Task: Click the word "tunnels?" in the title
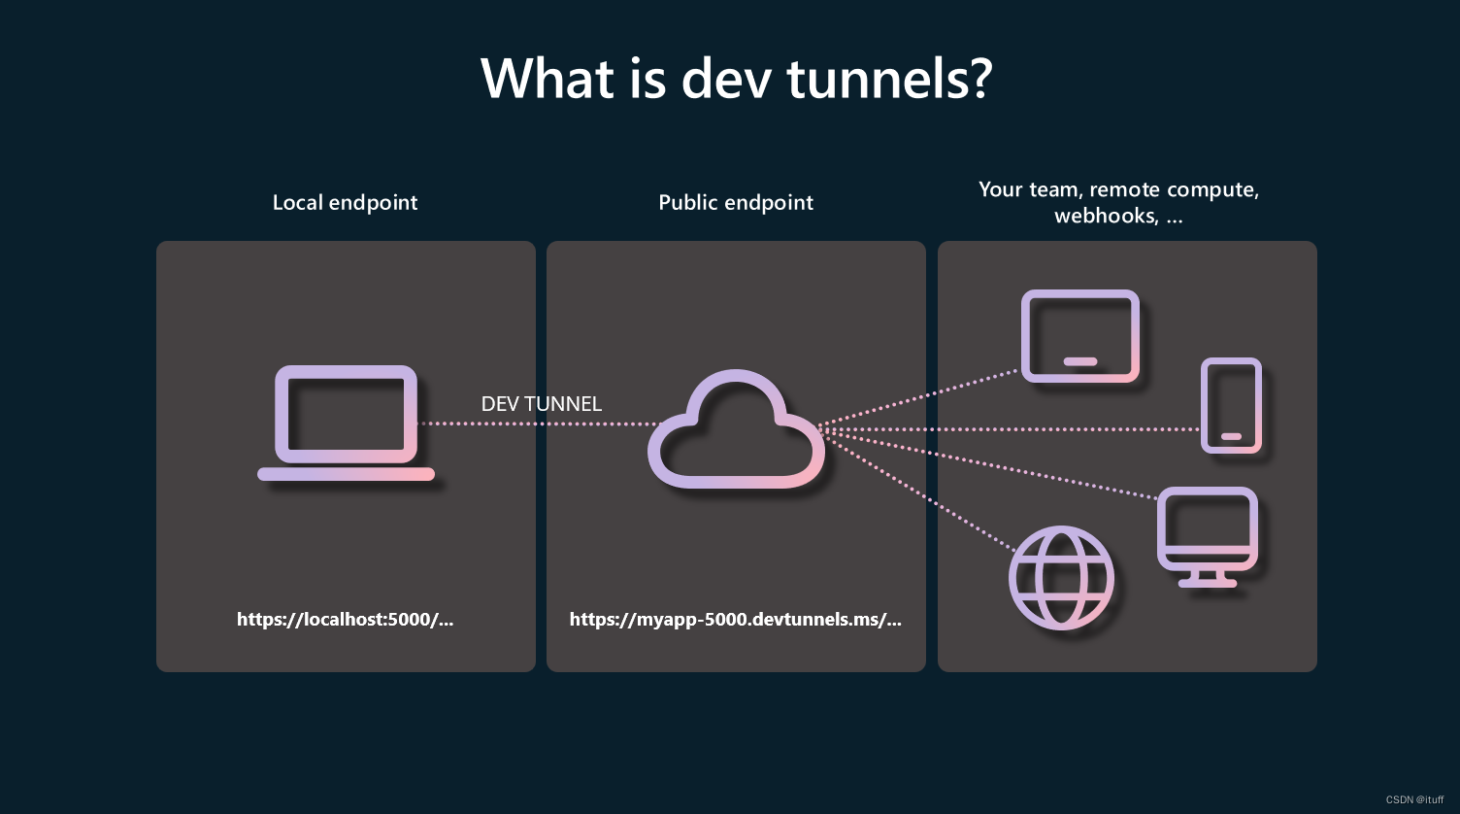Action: point(889,78)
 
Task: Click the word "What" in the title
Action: point(546,78)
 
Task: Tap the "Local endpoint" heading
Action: point(345,203)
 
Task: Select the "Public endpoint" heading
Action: point(736,203)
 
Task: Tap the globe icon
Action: point(1061,578)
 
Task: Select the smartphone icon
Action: point(1231,405)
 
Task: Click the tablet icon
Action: point(1079,335)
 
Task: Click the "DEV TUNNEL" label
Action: point(541,404)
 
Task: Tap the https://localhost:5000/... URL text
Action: point(345,620)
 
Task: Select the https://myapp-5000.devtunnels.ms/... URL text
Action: point(735,620)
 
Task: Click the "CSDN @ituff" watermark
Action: point(1414,799)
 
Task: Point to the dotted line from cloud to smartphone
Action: point(1010,428)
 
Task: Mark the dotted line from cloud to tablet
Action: point(922,398)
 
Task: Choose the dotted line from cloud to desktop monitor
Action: point(990,463)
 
